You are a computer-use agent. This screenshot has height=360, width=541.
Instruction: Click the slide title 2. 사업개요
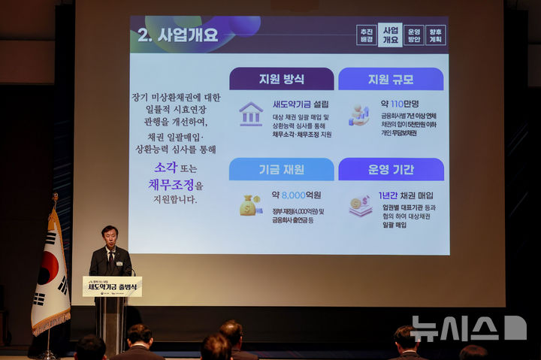(177, 35)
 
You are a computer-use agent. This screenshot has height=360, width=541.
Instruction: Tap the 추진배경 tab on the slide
(366, 35)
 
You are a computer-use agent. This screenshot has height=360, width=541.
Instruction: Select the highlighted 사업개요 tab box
(390, 35)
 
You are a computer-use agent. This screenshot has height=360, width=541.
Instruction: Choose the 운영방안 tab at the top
(413, 35)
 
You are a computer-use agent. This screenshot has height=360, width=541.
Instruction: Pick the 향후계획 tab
(436, 35)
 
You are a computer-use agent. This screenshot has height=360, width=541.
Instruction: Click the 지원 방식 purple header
(281, 79)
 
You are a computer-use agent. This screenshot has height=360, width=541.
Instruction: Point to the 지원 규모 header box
(391, 79)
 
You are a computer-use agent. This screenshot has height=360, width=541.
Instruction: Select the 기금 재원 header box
(281, 169)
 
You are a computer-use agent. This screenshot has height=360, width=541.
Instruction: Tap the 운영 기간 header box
(391, 169)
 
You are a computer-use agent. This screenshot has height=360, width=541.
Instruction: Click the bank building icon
(250, 114)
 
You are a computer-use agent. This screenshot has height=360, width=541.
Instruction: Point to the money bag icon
(249, 205)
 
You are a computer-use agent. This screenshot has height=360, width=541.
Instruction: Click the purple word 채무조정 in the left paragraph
(171, 184)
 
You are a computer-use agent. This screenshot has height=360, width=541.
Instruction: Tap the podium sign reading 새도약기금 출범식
(112, 286)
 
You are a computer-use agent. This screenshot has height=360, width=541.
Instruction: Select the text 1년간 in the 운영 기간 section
(388, 195)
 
